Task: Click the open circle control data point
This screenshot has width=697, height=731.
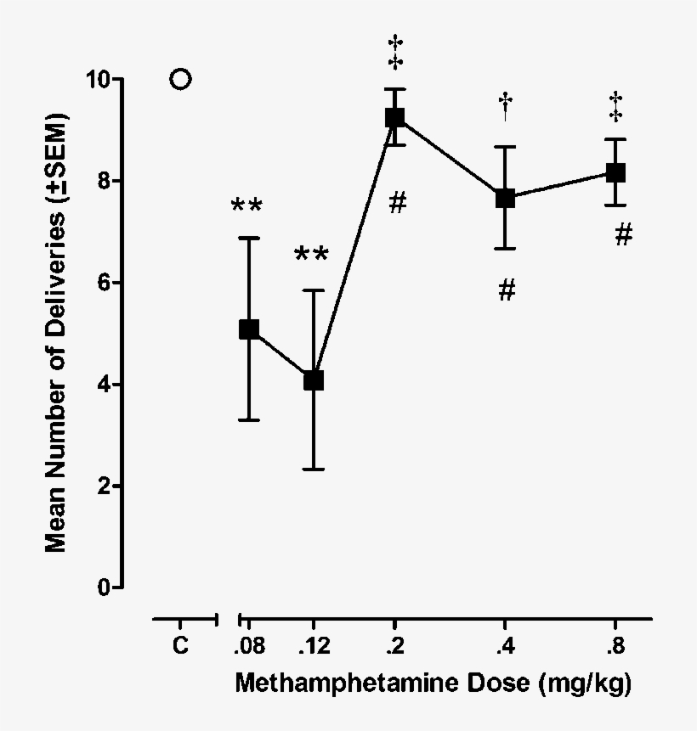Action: click(x=180, y=80)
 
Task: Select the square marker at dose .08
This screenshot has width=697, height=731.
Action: click(x=249, y=329)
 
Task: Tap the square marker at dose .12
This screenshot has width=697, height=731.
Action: click(x=314, y=380)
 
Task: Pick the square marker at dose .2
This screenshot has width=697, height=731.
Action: click(x=394, y=117)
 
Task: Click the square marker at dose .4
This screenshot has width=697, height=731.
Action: click(x=505, y=198)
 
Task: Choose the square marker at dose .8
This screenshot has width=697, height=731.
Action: click(x=615, y=173)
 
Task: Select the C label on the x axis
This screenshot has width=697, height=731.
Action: click(x=180, y=646)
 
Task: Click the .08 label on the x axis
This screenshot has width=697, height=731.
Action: click(x=249, y=646)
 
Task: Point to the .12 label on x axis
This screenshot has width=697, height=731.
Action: click(x=314, y=646)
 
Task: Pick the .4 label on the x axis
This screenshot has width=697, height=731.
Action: click(x=505, y=646)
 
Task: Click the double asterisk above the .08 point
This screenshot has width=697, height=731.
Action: click(x=246, y=207)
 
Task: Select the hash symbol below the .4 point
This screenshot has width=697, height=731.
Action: click(x=506, y=290)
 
